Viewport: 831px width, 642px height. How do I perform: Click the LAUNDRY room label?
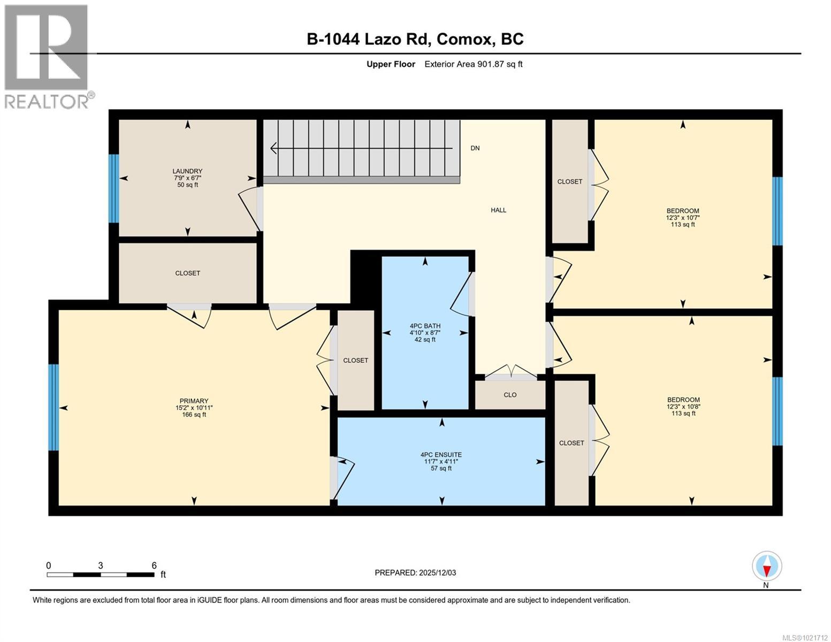187,171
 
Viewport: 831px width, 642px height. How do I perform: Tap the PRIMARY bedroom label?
194,401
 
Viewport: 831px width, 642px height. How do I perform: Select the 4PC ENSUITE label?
441,454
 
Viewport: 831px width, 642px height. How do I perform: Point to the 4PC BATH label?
425,325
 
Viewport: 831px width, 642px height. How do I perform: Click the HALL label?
498,210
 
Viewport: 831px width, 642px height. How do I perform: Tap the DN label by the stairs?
475,148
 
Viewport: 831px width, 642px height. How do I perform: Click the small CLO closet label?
510,395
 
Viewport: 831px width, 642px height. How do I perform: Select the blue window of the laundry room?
113,188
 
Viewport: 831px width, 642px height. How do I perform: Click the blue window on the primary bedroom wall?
53,407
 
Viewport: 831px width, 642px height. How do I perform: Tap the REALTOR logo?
47,56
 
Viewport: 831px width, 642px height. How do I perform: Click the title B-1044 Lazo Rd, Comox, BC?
415,39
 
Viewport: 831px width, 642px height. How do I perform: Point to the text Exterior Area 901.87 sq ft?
473,64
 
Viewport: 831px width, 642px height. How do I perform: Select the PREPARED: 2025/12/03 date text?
415,572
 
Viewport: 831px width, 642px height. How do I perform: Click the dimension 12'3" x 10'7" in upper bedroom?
683,218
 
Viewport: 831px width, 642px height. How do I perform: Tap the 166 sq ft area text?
194,415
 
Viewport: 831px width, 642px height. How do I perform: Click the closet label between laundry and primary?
187,273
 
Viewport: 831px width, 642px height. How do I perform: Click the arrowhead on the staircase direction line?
274,148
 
